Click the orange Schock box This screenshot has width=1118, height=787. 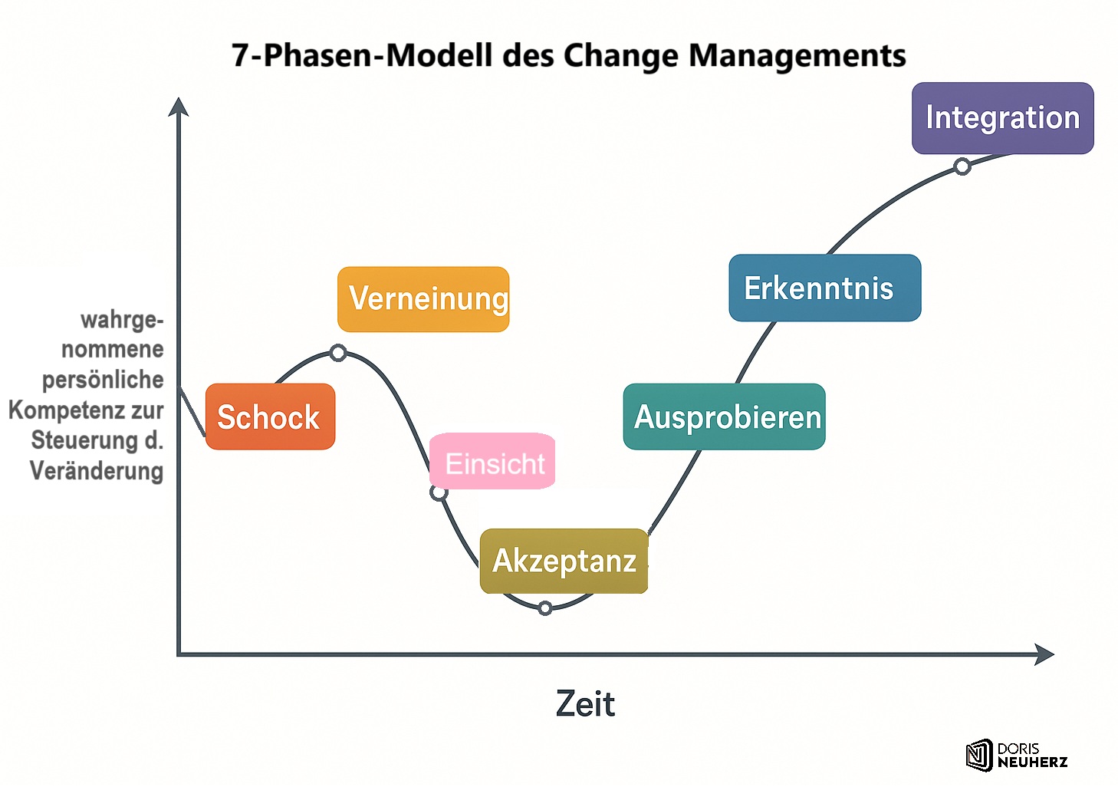[x=270, y=417]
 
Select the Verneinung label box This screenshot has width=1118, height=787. [x=423, y=299]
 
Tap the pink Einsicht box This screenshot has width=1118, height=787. [x=493, y=462]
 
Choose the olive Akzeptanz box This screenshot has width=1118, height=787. [x=564, y=561]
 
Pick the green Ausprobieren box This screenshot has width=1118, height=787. [x=725, y=417]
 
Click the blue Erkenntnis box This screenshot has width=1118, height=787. [x=824, y=288]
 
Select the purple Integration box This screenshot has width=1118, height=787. [x=1002, y=118]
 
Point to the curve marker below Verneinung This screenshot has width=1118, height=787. [x=338, y=353]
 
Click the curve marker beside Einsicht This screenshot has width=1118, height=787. [x=439, y=492]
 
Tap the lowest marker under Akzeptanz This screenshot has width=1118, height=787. [x=545, y=608]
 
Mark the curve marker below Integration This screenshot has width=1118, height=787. [x=962, y=166]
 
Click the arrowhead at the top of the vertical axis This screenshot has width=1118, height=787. [x=179, y=107]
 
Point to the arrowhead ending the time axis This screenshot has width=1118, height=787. [x=1044, y=654]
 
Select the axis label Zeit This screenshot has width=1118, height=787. [x=585, y=703]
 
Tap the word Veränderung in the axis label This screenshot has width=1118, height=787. [x=97, y=470]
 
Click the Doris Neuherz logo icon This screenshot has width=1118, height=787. [x=979, y=755]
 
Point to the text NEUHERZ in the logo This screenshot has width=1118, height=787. [x=1032, y=762]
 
